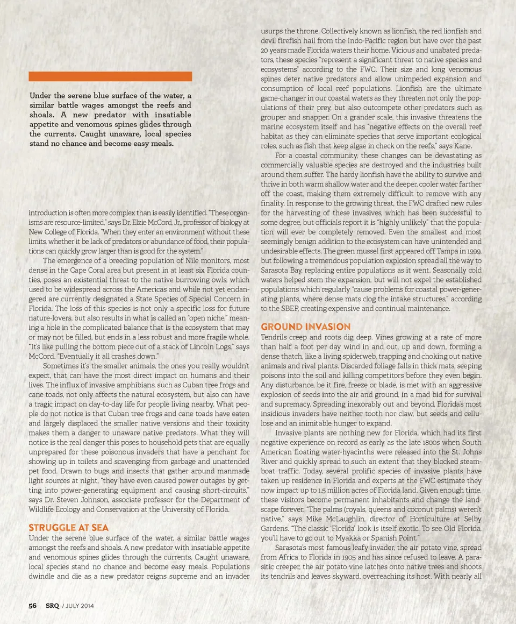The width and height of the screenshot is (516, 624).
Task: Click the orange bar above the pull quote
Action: [x=110, y=76]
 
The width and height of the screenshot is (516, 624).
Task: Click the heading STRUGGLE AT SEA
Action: [x=68, y=528]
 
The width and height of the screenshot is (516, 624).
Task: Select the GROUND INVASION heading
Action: [x=305, y=327]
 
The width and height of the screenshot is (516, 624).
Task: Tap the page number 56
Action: [x=33, y=606]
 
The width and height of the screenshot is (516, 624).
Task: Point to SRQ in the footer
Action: [x=52, y=606]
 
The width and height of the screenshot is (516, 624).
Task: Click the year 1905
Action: [x=349, y=557]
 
